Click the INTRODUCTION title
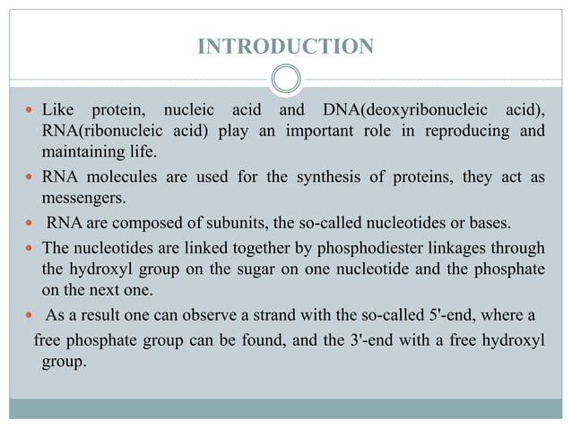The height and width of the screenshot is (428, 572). [285, 46]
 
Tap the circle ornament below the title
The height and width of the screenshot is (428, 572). [285, 79]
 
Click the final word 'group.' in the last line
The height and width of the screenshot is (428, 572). [64, 361]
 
